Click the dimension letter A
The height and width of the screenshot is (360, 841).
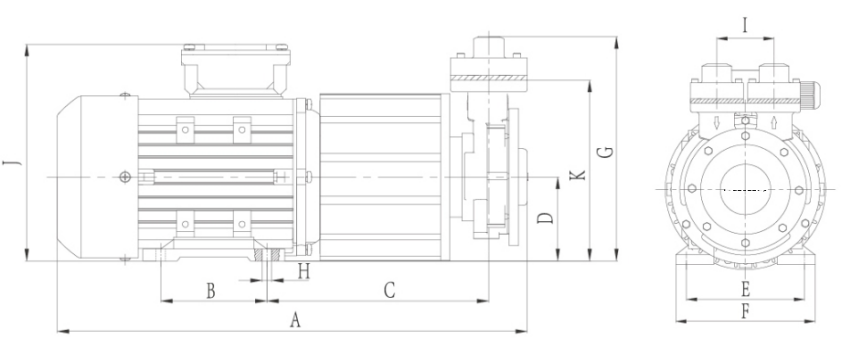294,320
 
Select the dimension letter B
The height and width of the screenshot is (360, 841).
211,291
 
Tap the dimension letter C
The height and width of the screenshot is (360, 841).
389,290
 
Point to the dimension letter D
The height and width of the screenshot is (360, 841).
545,218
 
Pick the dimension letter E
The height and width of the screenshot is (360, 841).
745,290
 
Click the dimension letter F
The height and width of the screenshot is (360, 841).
745,311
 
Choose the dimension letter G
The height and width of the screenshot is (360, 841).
606,151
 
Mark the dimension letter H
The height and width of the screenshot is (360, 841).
304,273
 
